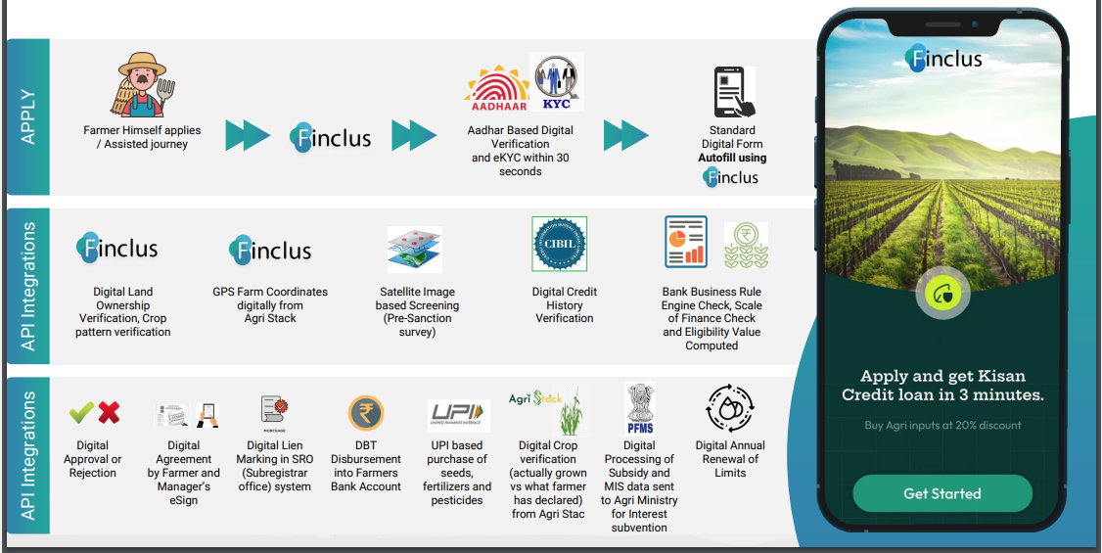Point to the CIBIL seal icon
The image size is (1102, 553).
pyautogui.click(x=559, y=245)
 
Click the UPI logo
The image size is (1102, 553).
pyautogui.click(x=458, y=416)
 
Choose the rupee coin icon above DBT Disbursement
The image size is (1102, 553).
pyautogui.click(x=366, y=413)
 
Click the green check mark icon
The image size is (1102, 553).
pyautogui.click(x=81, y=412)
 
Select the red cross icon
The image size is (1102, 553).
pyautogui.click(x=109, y=412)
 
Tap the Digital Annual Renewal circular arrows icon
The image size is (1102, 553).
pyautogui.click(x=729, y=410)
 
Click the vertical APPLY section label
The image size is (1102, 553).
pyautogui.click(x=27, y=117)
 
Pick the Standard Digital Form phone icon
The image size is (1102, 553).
pyautogui.click(x=733, y=93)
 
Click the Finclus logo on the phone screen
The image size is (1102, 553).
pyautogui.click(x=943, y=59)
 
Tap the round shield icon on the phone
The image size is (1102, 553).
pyautogui.click(x=942, y=294)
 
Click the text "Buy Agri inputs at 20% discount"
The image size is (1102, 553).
pyautogui.click(x=942, y=425)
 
